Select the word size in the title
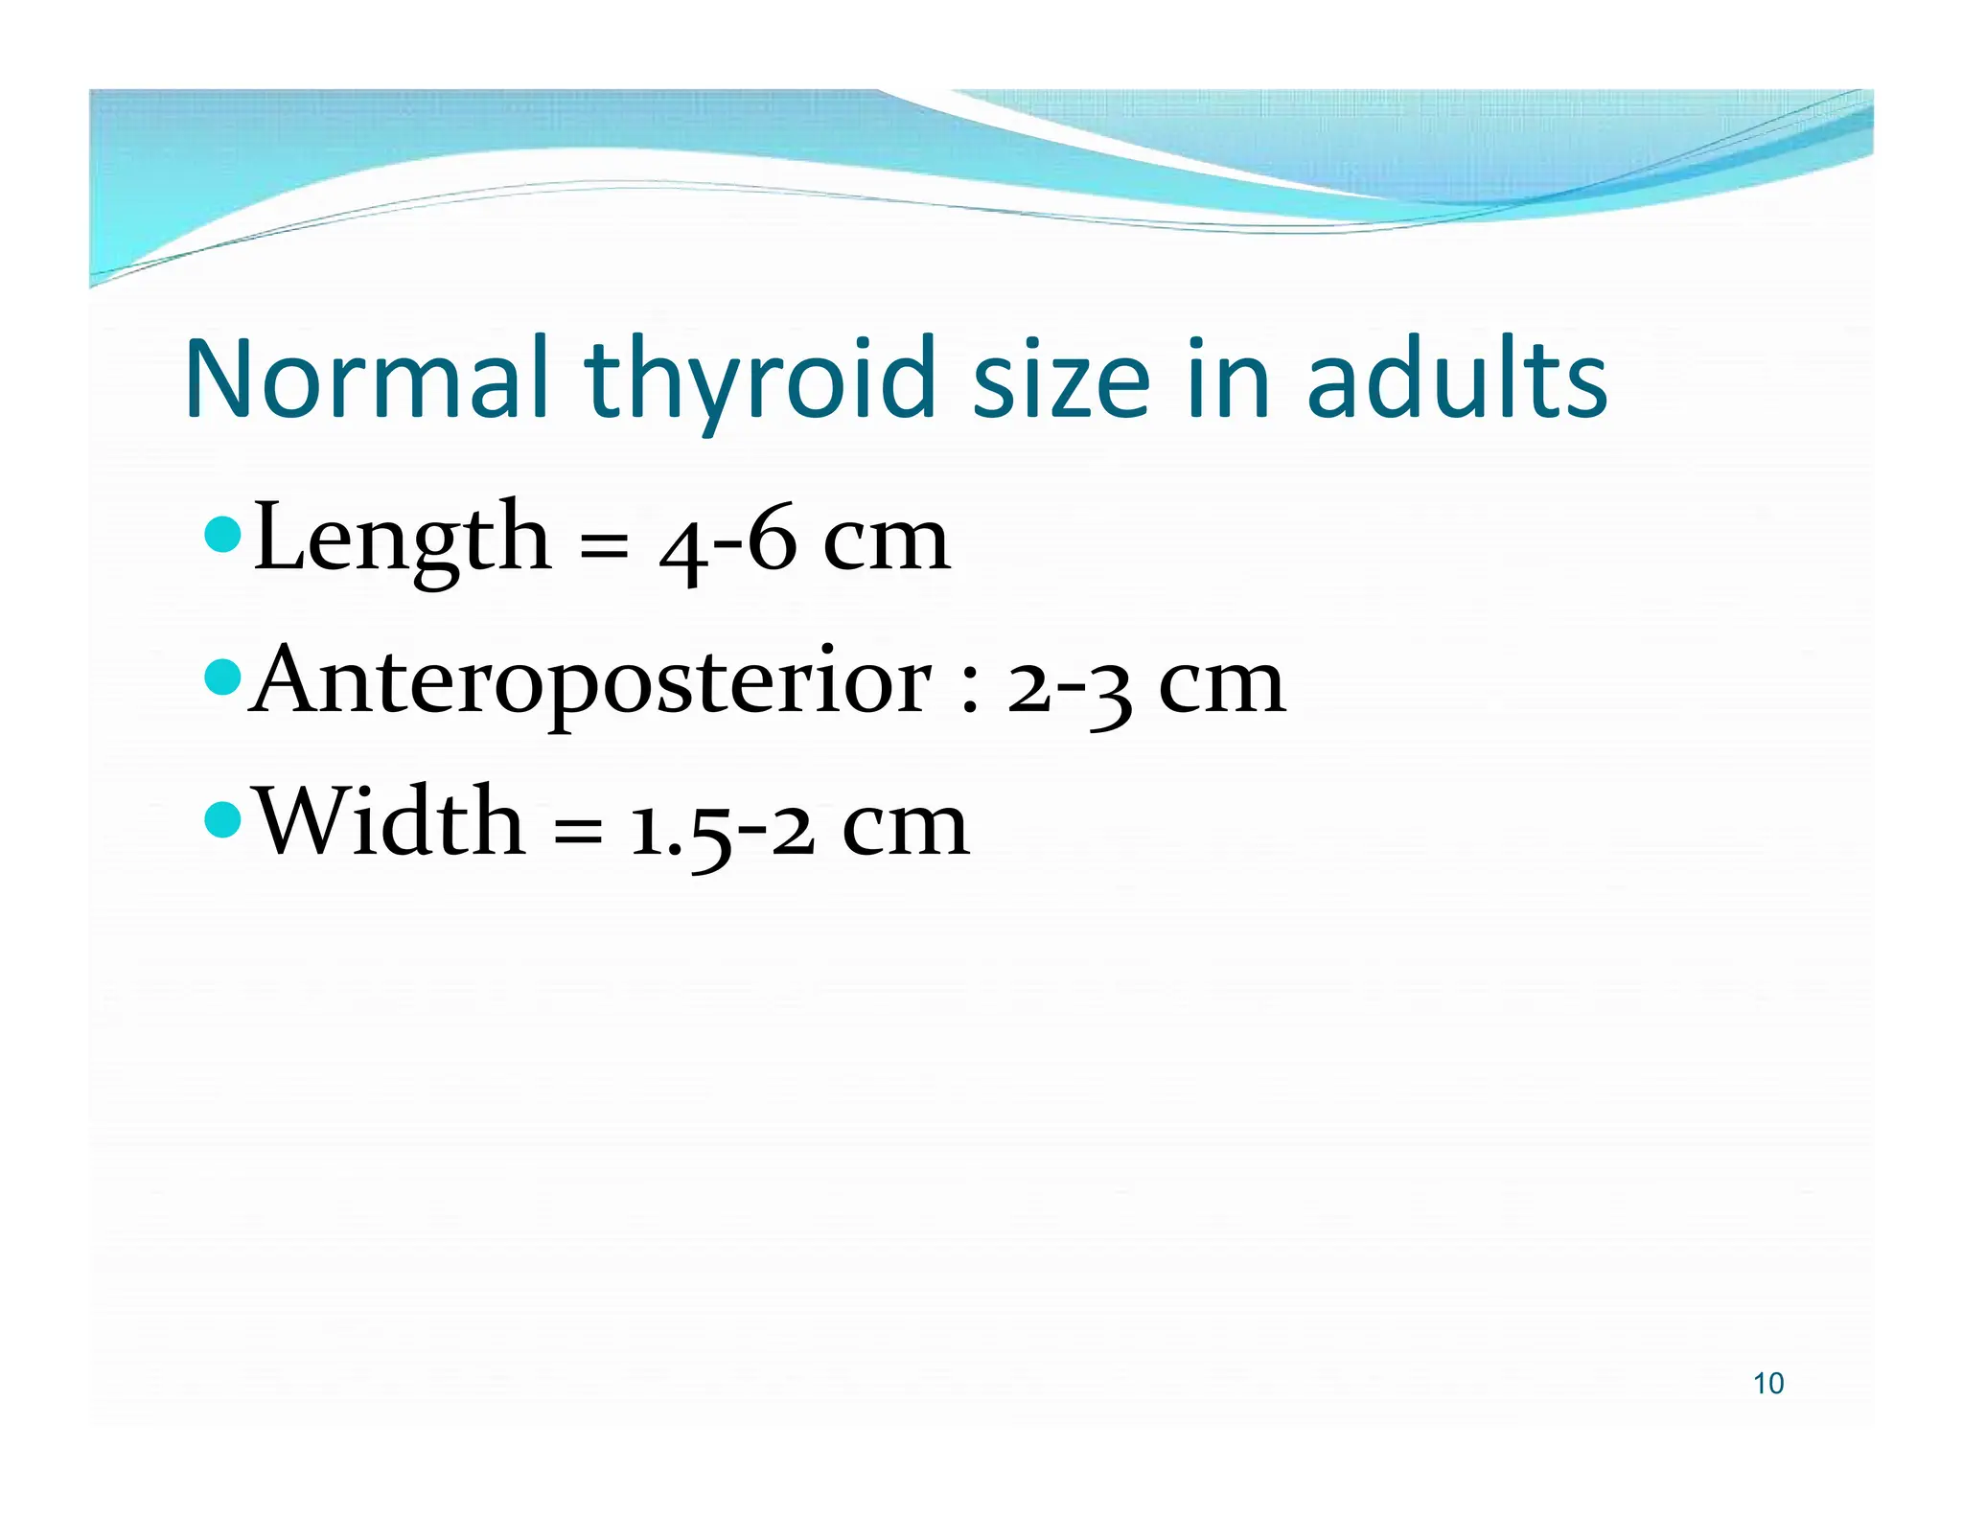[x=1060, y=379]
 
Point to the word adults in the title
[x=1456, y=379]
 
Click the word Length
[x=403, y=540]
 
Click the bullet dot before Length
[x=223, y=535]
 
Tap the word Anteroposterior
[x=589, y=683]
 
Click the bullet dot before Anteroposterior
[x=223, y=678]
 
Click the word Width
[x=391, y=823]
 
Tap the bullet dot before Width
[x=223, y=818]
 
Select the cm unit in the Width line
[x=905, y=830]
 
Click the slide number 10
[x=1768, y=1384]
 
